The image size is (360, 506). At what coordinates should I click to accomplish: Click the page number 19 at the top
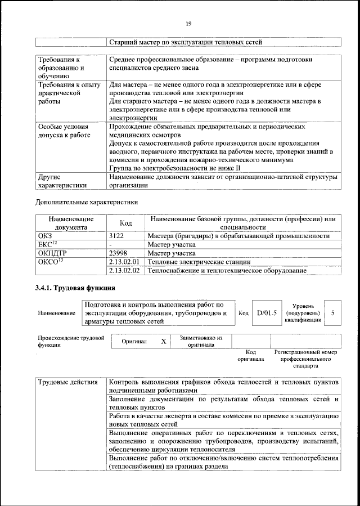coord(188,23)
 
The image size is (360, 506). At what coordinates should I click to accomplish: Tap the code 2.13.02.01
coord(124,262)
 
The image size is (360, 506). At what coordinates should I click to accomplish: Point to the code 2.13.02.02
coord(124,271)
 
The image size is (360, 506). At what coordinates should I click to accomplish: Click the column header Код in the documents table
coord(126,223)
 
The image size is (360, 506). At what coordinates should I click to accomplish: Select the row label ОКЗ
coord(44,236)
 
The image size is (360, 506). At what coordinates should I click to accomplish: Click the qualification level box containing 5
coord(333,312)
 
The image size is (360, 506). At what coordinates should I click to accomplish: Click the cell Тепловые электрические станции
coord(190,262)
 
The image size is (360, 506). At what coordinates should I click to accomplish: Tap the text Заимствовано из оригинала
coord(201,342)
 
